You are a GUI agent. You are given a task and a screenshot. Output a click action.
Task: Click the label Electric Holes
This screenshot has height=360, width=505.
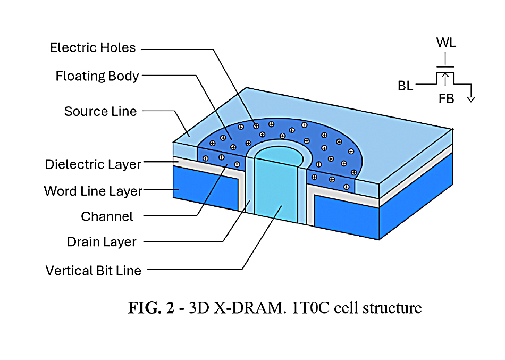92,48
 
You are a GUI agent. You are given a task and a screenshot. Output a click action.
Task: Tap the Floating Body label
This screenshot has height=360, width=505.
97,77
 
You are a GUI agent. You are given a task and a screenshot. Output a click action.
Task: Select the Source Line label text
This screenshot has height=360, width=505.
100,112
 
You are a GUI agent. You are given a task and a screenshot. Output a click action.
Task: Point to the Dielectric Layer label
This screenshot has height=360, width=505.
93,164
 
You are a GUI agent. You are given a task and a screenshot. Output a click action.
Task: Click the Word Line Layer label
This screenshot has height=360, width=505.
93,191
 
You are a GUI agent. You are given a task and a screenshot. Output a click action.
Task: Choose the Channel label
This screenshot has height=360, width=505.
107,216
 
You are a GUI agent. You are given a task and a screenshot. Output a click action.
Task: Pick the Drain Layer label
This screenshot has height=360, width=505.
102,242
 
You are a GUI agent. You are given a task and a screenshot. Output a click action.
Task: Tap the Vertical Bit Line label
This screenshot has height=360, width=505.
94,271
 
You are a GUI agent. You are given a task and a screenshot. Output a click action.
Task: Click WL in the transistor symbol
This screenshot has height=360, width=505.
446,42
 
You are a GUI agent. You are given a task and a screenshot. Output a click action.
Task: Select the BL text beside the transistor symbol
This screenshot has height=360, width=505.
406,86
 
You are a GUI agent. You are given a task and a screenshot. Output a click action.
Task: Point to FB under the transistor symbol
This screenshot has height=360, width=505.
447,98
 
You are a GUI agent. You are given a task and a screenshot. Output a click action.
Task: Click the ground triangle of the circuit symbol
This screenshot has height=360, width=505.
471,99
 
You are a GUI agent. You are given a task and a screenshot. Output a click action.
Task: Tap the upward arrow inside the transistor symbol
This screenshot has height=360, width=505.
445,79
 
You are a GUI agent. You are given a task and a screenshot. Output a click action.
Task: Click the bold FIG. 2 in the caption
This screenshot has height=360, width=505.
151,307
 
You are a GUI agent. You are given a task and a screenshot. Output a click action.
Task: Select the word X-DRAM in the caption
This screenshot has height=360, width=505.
250,308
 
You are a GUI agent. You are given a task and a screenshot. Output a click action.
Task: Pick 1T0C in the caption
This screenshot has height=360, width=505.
311,308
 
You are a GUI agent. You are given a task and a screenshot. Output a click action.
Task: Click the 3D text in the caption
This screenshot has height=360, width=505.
199,308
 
